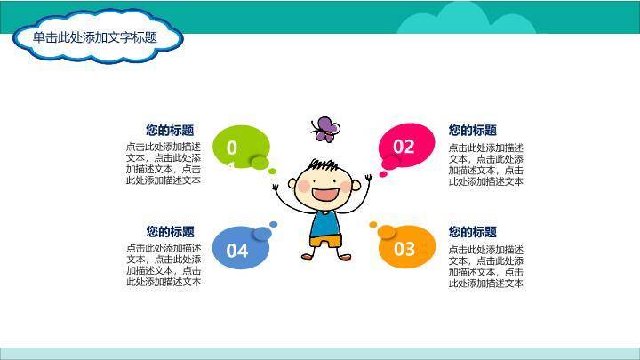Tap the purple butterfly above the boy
(x=324, y=129)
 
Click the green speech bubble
(x=241, y=147)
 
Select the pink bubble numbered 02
(x=406, y=146)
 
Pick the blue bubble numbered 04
(x=238, y=249)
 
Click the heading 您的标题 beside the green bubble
(x=170, y=130)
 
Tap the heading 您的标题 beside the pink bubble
(x=472, y=130)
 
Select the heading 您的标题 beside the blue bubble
(x=170, y=231)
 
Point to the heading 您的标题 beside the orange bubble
(x=472, y=231)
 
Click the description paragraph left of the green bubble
(x=164, y=163)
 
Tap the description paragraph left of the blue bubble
(x=164, y=264)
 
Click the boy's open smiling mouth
(x=326, y=193)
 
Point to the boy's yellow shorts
(x=324, y=241)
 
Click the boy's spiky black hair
(x=324, y=165)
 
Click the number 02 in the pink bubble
(x=404, y=147)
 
